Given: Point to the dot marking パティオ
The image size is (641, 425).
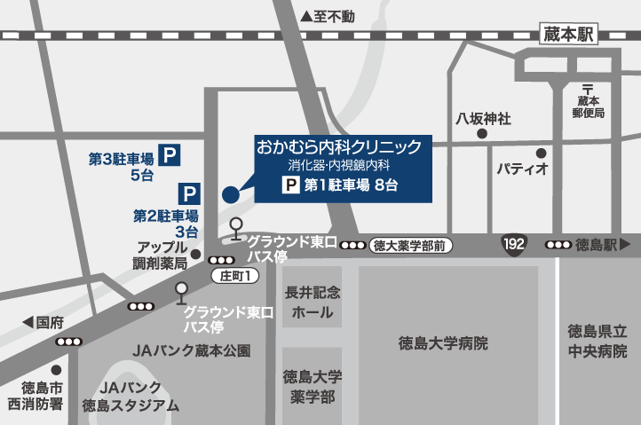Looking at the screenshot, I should [x=540, y=151].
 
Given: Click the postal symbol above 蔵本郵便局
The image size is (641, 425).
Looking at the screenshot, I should [x=588, y=86].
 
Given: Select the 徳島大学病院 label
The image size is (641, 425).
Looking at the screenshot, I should [x=443, y=343].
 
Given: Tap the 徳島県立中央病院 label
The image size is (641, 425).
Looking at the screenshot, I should [x=598, y=341].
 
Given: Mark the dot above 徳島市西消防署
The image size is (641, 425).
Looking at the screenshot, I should [x=56, y=369].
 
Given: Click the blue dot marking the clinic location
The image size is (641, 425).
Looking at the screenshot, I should [x=230, y=195].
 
